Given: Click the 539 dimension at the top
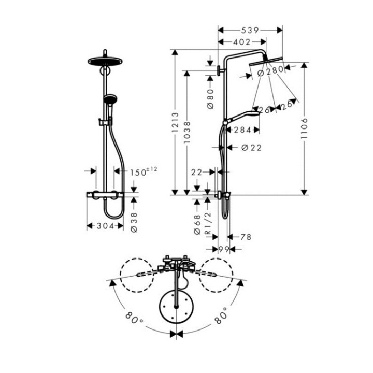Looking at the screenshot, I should (x=250, y=31).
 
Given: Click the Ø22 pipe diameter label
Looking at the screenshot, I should (x=252, y=148).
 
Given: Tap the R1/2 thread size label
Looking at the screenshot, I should (x=208, y=226).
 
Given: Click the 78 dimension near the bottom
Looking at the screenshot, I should (x=246, y=237).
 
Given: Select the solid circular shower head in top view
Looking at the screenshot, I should (x=177, y=307).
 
